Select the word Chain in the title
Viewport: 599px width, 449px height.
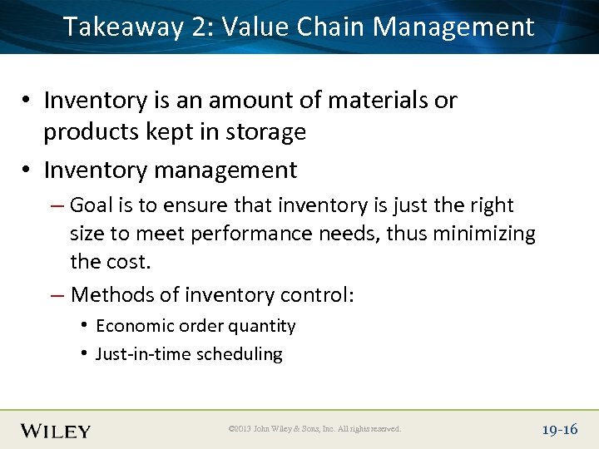[326, 27]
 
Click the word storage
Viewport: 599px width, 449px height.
[266, 132]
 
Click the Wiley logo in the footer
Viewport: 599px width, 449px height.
[56, 430]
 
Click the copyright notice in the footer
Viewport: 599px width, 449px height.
[314, 429]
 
